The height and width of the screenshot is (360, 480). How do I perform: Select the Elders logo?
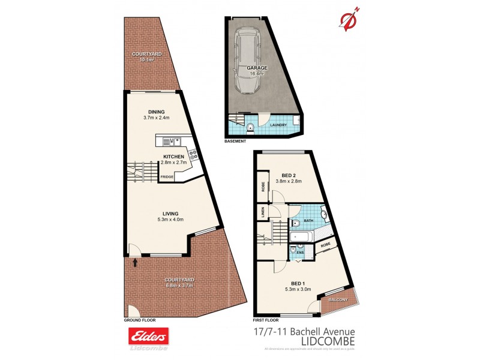(148, 337)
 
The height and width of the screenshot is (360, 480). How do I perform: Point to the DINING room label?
(157, 112)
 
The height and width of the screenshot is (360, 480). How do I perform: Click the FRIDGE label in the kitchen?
(167, 177)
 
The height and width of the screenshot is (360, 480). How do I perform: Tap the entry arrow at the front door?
(135, 262)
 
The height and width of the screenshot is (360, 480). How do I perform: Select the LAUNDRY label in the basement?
(278, 125)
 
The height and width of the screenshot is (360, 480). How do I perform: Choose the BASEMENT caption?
(235, 142)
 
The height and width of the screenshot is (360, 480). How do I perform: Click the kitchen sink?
(172, 142)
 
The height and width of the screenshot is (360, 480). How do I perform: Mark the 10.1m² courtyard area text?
(143, 60)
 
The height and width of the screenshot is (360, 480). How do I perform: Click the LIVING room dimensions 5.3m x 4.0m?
(170, 220)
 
